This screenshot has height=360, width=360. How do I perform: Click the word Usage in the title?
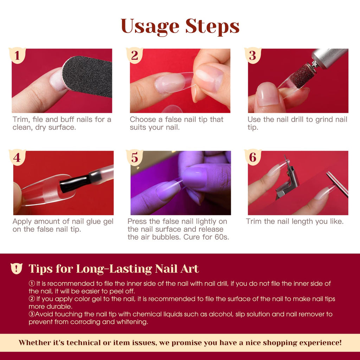[x=150, y=27]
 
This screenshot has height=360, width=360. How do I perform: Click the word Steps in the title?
[x=212, y=27]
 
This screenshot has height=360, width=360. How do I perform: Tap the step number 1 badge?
[x=17, y=56]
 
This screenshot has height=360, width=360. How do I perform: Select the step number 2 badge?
[x=135, y=56]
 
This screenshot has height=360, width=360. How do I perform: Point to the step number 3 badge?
[x=253, y=56]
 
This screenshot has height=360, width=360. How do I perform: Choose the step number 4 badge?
[x=17, y=157]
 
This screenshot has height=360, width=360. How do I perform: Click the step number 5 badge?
[x=135, y=157]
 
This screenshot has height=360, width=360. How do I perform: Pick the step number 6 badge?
[x=253, y=157]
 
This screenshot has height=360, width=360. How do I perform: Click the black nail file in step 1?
[x=87, y=76]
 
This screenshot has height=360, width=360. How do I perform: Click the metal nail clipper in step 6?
[x=287, y=179]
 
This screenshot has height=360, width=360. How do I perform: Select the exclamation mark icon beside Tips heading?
[x=17, y=268]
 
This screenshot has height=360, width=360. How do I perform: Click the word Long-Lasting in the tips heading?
[x=114, y=269]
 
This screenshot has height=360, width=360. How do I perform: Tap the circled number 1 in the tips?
[x=32, y=284]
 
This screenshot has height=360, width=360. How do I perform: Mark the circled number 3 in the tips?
[x=32, y=314]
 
